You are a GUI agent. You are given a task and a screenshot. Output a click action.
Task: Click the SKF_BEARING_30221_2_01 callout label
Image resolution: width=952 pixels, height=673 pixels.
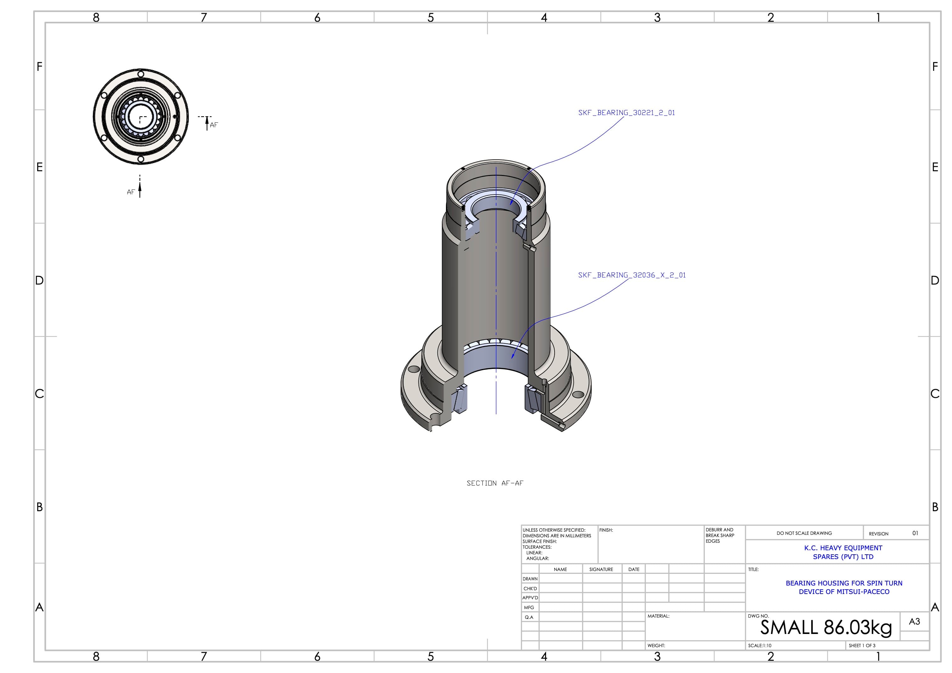pos(626,113)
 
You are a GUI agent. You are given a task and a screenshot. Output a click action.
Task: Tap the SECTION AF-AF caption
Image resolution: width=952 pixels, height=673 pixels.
pos(495,483)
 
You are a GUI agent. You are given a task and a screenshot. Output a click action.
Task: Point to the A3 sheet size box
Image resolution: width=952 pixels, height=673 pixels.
pos(914,622)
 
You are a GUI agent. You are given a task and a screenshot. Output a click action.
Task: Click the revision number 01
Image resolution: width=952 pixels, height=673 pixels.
pos(915,533)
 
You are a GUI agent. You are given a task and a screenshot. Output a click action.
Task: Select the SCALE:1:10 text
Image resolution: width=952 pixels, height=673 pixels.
pos(760,646)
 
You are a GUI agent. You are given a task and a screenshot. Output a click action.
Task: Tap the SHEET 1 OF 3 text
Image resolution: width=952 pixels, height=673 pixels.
pos(862,646)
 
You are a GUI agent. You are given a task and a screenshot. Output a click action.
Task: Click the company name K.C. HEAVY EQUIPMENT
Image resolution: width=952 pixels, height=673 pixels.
pos(843,548)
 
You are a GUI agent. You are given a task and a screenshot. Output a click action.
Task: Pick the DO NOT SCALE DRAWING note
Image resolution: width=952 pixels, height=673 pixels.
pos(804,533)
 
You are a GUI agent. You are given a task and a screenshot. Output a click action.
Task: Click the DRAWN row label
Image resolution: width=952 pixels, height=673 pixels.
pos(530,579)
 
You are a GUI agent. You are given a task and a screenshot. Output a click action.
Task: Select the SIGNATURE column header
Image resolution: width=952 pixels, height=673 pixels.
pos(601,569)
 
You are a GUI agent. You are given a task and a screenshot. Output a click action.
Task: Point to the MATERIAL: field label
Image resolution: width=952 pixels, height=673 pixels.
pos(658,616)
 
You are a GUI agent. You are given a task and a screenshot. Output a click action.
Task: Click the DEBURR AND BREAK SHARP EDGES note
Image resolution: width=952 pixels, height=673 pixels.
pos(720,535)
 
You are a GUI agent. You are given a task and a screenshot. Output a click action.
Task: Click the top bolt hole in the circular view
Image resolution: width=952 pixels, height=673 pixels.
pos(140,74)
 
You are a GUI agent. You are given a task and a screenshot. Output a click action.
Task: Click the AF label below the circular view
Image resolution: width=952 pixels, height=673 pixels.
pos(131,192)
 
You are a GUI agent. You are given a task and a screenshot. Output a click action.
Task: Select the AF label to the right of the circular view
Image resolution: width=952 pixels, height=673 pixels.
pos(214,125)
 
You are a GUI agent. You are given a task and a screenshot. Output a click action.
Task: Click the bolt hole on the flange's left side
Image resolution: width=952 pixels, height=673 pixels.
pos(414,369)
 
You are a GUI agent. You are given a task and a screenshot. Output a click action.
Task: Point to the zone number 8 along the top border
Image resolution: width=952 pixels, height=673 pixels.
pos(96,17)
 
